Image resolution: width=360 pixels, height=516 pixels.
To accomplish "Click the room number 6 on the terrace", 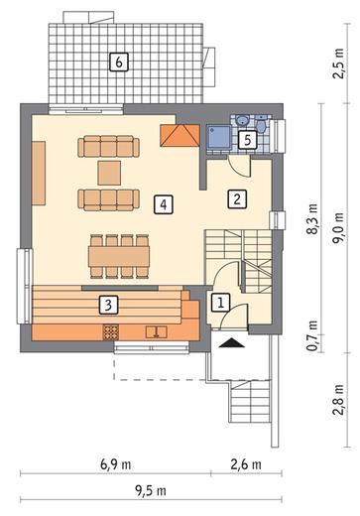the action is coord(119,62).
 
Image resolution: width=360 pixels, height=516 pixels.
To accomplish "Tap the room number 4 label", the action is coord(164,204).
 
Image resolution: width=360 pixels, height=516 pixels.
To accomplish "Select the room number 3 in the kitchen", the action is coord(108,305).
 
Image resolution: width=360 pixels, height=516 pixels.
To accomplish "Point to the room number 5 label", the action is coord(248,140).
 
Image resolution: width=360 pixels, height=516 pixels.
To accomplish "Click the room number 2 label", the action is coord(237,198).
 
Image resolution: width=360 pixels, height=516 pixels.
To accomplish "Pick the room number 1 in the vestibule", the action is coord(220,302).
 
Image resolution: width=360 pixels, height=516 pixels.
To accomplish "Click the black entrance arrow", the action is coord(232,342).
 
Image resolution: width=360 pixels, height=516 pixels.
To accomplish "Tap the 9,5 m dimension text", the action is coord(151,490).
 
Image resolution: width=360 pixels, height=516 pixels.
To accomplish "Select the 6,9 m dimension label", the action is coord(116,464).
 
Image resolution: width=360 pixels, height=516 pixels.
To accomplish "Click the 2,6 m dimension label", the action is coord(246,464).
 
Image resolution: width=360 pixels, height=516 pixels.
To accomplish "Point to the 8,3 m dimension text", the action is coord(312,219).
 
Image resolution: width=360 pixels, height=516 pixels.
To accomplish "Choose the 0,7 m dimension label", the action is coord(312,335).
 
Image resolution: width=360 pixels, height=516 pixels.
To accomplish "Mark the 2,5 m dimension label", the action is coord(338,64).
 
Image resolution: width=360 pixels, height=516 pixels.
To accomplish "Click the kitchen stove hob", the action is coord(111,332).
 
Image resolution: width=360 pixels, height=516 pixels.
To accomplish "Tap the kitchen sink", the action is coord(157,331).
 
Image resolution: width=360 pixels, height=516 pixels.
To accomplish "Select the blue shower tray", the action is coord(219,138).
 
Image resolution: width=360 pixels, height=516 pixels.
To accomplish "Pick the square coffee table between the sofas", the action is coord(109,173).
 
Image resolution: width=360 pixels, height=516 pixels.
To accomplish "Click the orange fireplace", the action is coord(180,135).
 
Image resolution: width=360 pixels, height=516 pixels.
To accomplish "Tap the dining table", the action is coord(119,256).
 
